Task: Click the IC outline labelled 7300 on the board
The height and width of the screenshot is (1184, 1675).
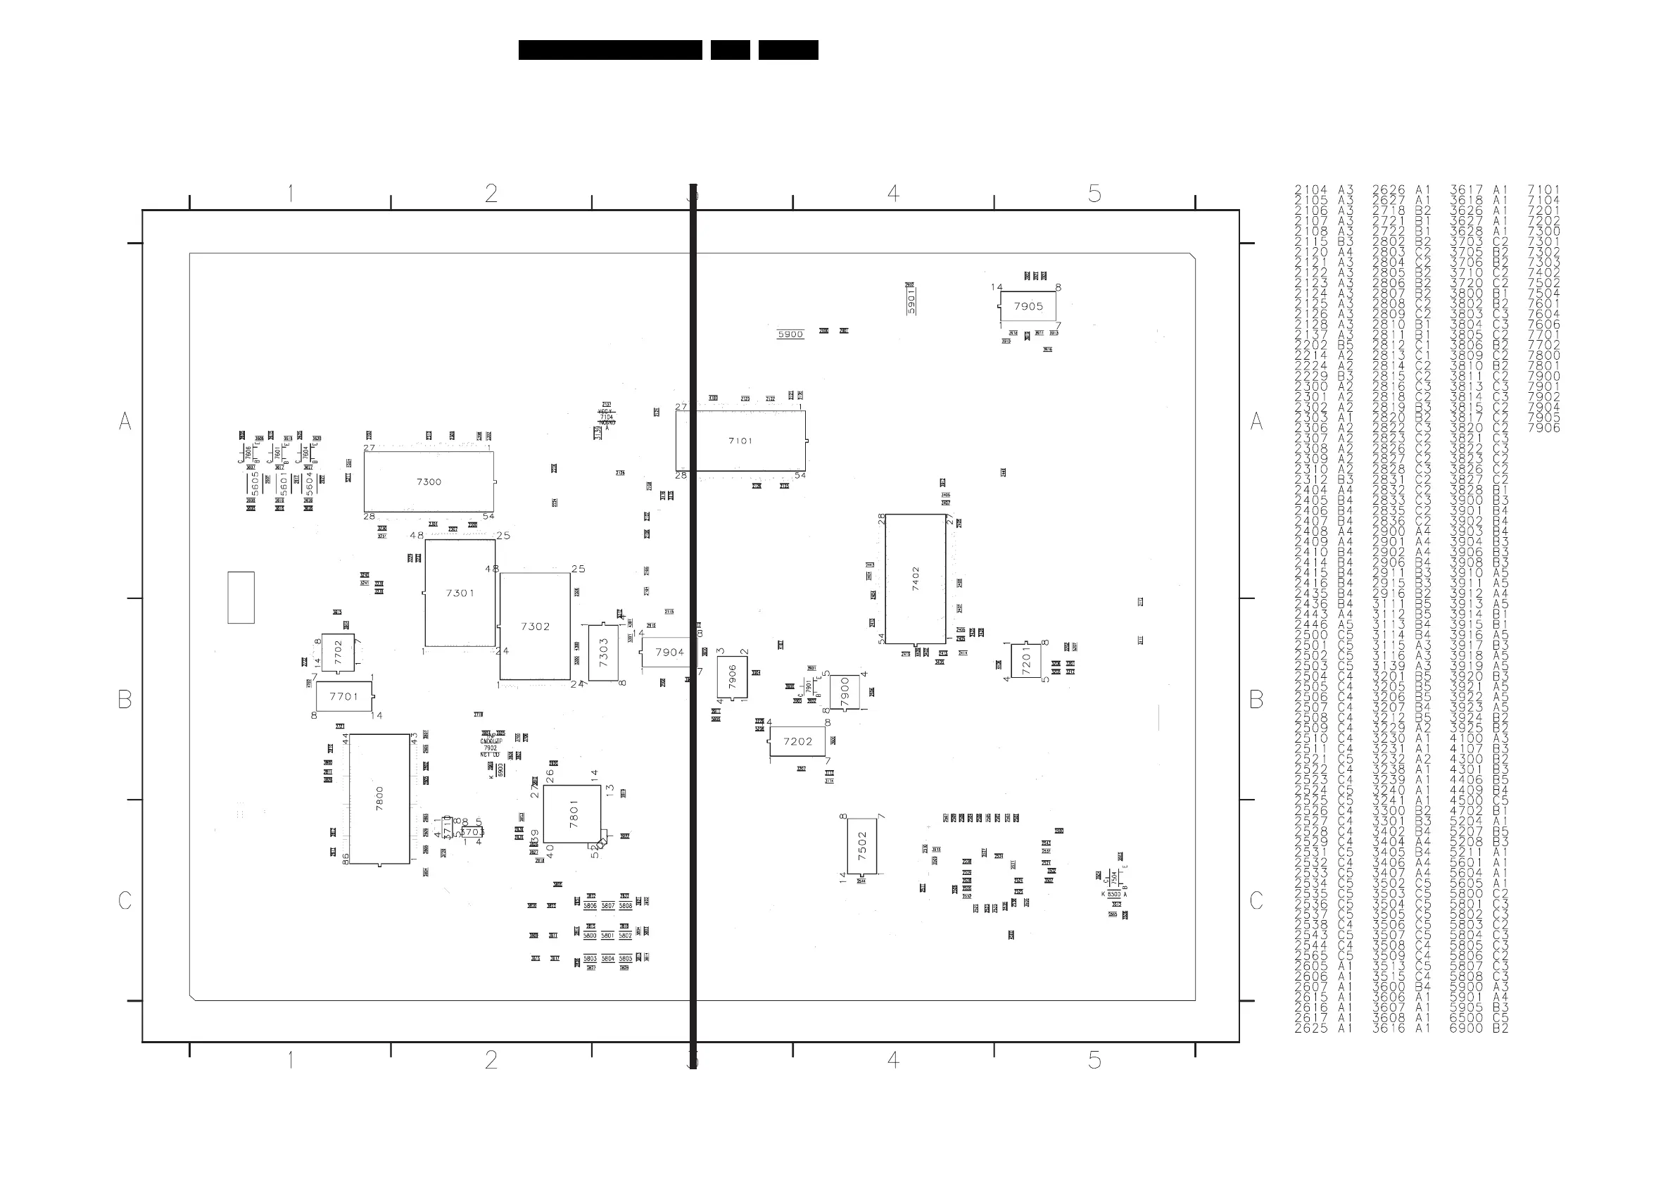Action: point(429,481)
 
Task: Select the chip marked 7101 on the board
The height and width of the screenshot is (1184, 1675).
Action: point(740,441)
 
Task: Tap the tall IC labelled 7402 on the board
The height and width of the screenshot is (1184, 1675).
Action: point(916,579)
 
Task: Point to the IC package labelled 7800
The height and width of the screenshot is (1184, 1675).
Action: point(379,799)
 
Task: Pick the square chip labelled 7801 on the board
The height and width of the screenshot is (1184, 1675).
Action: point(573,814)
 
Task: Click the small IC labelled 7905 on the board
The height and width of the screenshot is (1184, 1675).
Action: point(1028,306)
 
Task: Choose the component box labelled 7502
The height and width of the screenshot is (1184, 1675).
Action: point(862,845)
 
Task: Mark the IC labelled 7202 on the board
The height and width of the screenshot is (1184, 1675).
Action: point(797,741)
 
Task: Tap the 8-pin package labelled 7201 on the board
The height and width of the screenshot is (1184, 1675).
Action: point(1025,660)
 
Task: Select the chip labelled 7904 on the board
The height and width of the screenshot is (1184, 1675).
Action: point(669,652)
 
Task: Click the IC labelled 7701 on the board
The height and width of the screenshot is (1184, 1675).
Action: point(343,697)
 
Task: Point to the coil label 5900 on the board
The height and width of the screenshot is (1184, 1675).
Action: point(790,335)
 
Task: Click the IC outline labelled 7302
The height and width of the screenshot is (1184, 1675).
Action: point(535,626)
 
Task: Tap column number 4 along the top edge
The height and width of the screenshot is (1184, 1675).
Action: point(893,194)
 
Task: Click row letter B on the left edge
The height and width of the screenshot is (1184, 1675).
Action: point(125,700)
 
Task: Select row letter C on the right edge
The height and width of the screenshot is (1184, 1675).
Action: point(1256,901)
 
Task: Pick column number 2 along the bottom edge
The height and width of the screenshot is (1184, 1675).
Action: point(491,1060)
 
